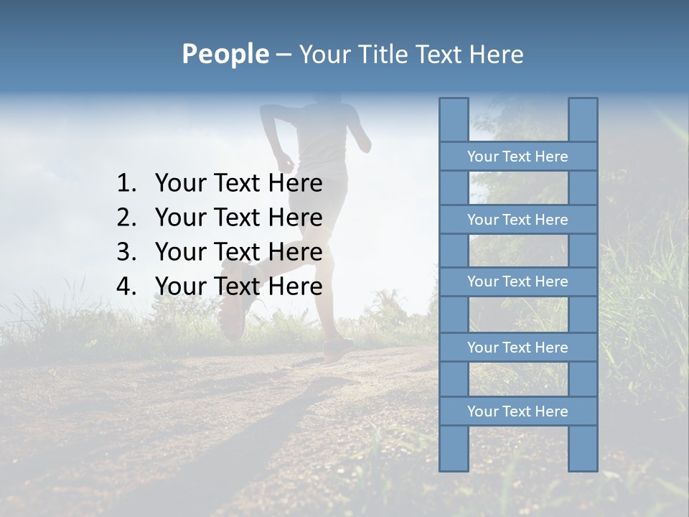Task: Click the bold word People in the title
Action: click(225, 54)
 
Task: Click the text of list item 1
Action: click(238, 184)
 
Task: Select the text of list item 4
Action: click(238, 287)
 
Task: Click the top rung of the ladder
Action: click(517, 157)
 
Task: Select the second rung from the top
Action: click(517, 220)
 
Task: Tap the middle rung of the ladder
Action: click(517, 281)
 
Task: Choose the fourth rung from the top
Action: click(517, 348)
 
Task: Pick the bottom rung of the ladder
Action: click(517, 411)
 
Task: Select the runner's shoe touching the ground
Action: click(337, 350)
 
